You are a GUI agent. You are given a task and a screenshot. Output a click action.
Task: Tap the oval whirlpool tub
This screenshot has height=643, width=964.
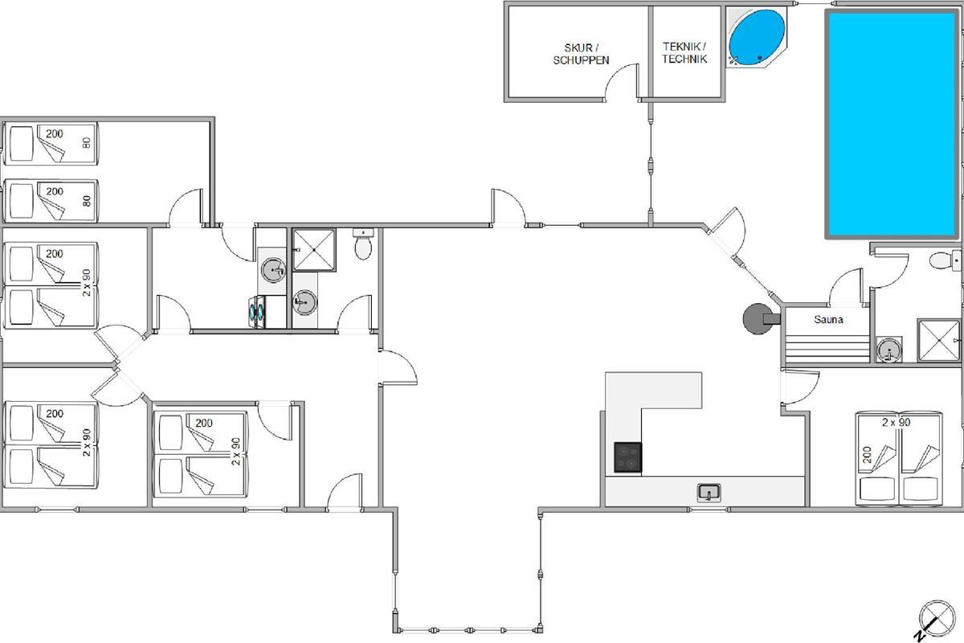(x=757, y=38)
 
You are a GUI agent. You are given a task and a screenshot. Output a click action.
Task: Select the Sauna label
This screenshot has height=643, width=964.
(x=828, y=320)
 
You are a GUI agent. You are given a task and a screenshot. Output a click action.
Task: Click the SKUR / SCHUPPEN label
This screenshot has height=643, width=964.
(x=581, y=54)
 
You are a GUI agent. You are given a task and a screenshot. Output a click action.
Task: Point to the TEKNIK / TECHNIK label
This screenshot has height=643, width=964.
(x=684, y=52)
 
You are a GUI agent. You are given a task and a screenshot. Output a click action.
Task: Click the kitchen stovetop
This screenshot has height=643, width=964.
(x=628, y=457)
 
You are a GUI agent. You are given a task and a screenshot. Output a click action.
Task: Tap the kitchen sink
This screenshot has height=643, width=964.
(x=709, y=493)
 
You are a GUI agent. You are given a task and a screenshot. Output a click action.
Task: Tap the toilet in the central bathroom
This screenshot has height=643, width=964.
(x=363, y=244)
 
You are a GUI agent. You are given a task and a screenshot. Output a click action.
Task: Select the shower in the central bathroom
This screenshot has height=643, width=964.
(x=314, y=250)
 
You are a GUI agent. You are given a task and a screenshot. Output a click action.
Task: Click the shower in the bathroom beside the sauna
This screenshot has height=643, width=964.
(x=938, y=340)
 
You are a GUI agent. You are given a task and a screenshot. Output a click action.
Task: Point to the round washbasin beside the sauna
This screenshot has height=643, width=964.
(x=889, y=349)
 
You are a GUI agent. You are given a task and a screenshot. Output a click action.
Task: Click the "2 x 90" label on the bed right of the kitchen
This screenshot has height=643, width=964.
(x=897, y=422)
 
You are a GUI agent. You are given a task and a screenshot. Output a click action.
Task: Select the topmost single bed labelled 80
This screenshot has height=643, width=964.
(x=51, y=143)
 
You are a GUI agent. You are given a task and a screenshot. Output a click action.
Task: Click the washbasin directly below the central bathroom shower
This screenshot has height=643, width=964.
(x=304, y=302)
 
